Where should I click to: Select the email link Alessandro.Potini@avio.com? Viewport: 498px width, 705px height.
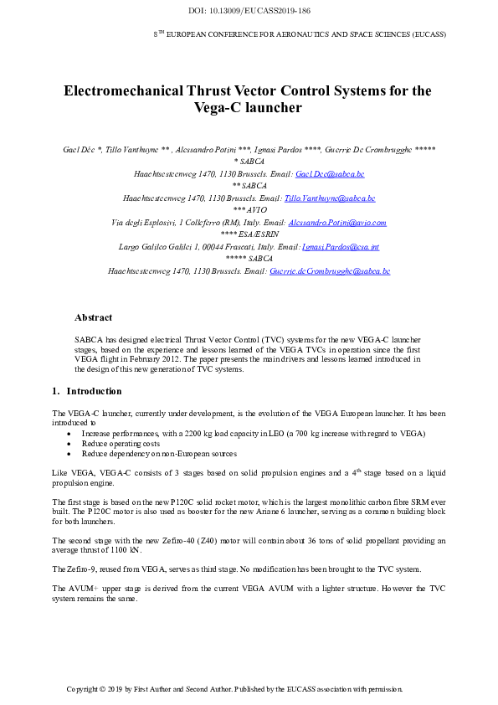(x=337, y=223)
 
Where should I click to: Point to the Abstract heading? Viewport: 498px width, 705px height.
(x=93, y=318)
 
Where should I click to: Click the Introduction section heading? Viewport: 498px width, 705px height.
(x=94, y=391)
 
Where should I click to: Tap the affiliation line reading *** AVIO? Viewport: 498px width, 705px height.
(x=249, y=210)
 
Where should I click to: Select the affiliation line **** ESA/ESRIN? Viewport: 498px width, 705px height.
(x=249, y=235)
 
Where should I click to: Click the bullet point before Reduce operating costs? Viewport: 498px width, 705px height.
(x=68, y=444)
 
